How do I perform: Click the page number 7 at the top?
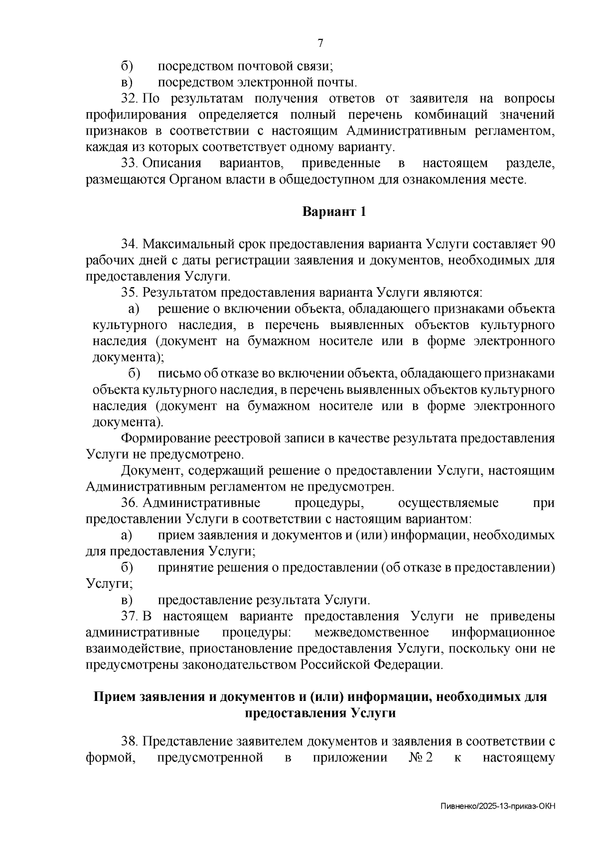click(320, 43)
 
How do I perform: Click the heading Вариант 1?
click(334, 211)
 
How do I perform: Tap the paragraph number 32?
click(129, 99)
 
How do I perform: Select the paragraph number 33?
click(129, 164)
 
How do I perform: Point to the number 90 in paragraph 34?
click(547, 244)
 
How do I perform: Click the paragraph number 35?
click(129, 293)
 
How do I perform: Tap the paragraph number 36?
click(129, 503)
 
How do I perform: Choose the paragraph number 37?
click(129, 617)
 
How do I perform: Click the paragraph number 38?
click(129, 742)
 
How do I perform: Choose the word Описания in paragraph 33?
click(172, 164)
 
